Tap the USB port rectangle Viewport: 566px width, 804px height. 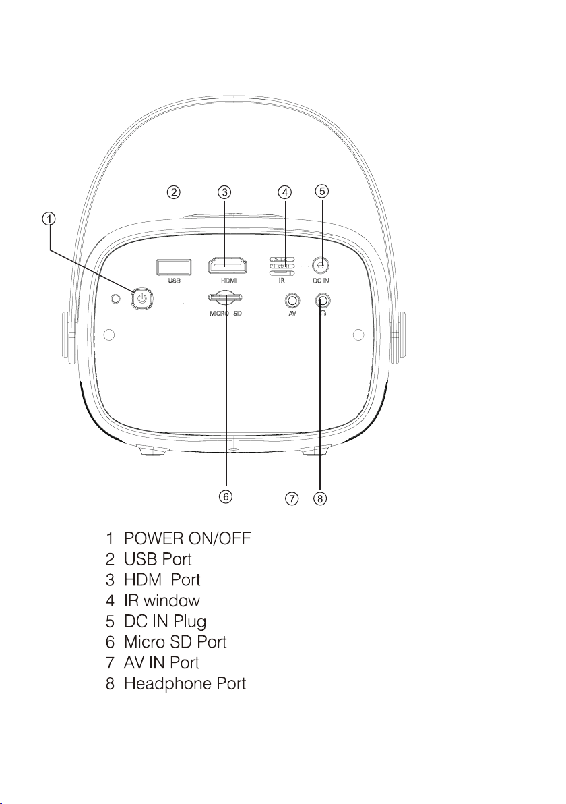click(x=174, y=266)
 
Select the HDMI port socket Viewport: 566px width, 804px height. click(x=226, y=266)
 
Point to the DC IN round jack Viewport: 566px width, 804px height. click(x=322, y=265)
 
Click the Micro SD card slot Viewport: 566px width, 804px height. click(x=226, y=297)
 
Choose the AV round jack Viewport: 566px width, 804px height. click(x=292, y=299)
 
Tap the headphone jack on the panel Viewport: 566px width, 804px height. click(x=322, y=299)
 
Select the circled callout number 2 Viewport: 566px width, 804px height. click(x=174, y=192)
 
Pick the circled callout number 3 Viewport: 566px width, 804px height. click(x=226, y=192)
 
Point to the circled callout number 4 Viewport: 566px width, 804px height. click(x=285, y=192)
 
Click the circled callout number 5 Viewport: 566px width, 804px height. click(x=322, y=191)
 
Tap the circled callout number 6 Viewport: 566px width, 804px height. click(x=226, y=496)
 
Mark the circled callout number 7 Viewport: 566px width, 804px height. click(x=292, y=499)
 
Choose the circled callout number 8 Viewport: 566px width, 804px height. click(x=321, y=499)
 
